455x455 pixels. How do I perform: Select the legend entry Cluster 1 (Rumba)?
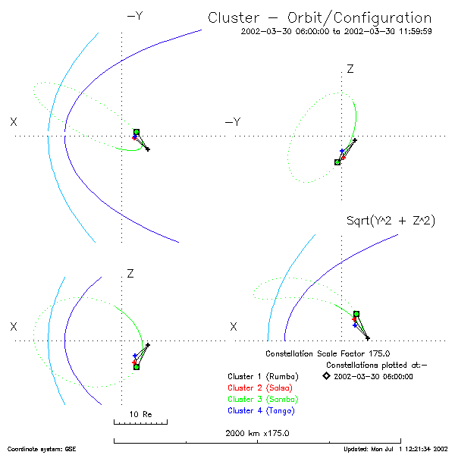(x=262, y=376)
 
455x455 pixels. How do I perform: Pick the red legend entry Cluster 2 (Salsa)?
(x=262, y=388)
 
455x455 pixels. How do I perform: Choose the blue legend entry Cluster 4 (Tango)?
(x=262, y=410)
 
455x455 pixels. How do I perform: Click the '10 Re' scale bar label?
(x=140, y=414)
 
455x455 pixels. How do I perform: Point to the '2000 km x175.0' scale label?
(x=257, y=433)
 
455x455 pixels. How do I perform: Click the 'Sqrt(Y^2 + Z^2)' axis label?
(x=390, y=221)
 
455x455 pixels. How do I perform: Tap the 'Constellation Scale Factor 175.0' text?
(x=328, y=353)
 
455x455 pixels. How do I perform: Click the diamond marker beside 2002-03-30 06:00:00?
(x=325, y=375)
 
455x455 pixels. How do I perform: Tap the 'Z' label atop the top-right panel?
(x=350, y=69)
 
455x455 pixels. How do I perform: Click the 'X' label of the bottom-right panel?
(x=234, y=326)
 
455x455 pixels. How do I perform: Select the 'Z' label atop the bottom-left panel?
(x=130, y=272)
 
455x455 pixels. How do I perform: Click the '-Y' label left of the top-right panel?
(x=233, y=122)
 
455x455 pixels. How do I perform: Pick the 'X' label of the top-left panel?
(x=14, y=121)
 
